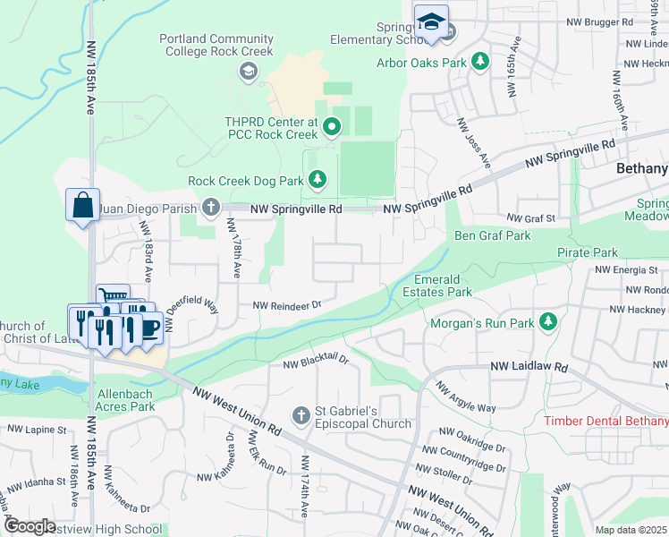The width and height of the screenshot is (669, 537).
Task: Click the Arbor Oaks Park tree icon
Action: click(481, 61)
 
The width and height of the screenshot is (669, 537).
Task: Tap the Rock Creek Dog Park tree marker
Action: click(317, 181)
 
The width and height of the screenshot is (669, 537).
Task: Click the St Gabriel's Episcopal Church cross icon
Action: click(301, 415)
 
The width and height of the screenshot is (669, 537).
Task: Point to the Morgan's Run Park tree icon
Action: click(548, 321)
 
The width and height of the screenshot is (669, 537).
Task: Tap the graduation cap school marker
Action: click(431, 21)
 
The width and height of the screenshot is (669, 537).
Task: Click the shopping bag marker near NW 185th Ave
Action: click(83, 204)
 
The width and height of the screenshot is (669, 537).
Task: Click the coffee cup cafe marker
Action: click(148, 328)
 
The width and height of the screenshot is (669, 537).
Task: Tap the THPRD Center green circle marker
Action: click(332, 126)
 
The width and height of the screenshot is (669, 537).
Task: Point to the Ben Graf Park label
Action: click(492, 236)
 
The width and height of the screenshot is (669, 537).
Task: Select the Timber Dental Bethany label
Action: click(606, 421)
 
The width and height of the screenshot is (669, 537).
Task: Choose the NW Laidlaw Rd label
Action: click(529, 367)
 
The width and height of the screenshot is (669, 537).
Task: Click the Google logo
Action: click(30, 526)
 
